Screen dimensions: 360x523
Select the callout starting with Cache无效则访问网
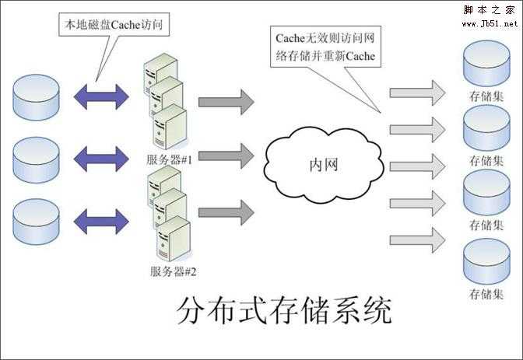point(328,47)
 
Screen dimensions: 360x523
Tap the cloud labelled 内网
point(322,166)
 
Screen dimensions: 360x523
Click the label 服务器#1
point(174,159)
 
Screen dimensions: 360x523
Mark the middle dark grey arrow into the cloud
point(226,156)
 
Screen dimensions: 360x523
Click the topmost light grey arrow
point(417,93)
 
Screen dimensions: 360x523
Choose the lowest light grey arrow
point(417,239)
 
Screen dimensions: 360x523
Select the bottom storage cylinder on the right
point(486,264)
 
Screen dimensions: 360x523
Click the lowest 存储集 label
point(487,295)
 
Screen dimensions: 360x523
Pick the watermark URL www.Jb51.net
point(490,24)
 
